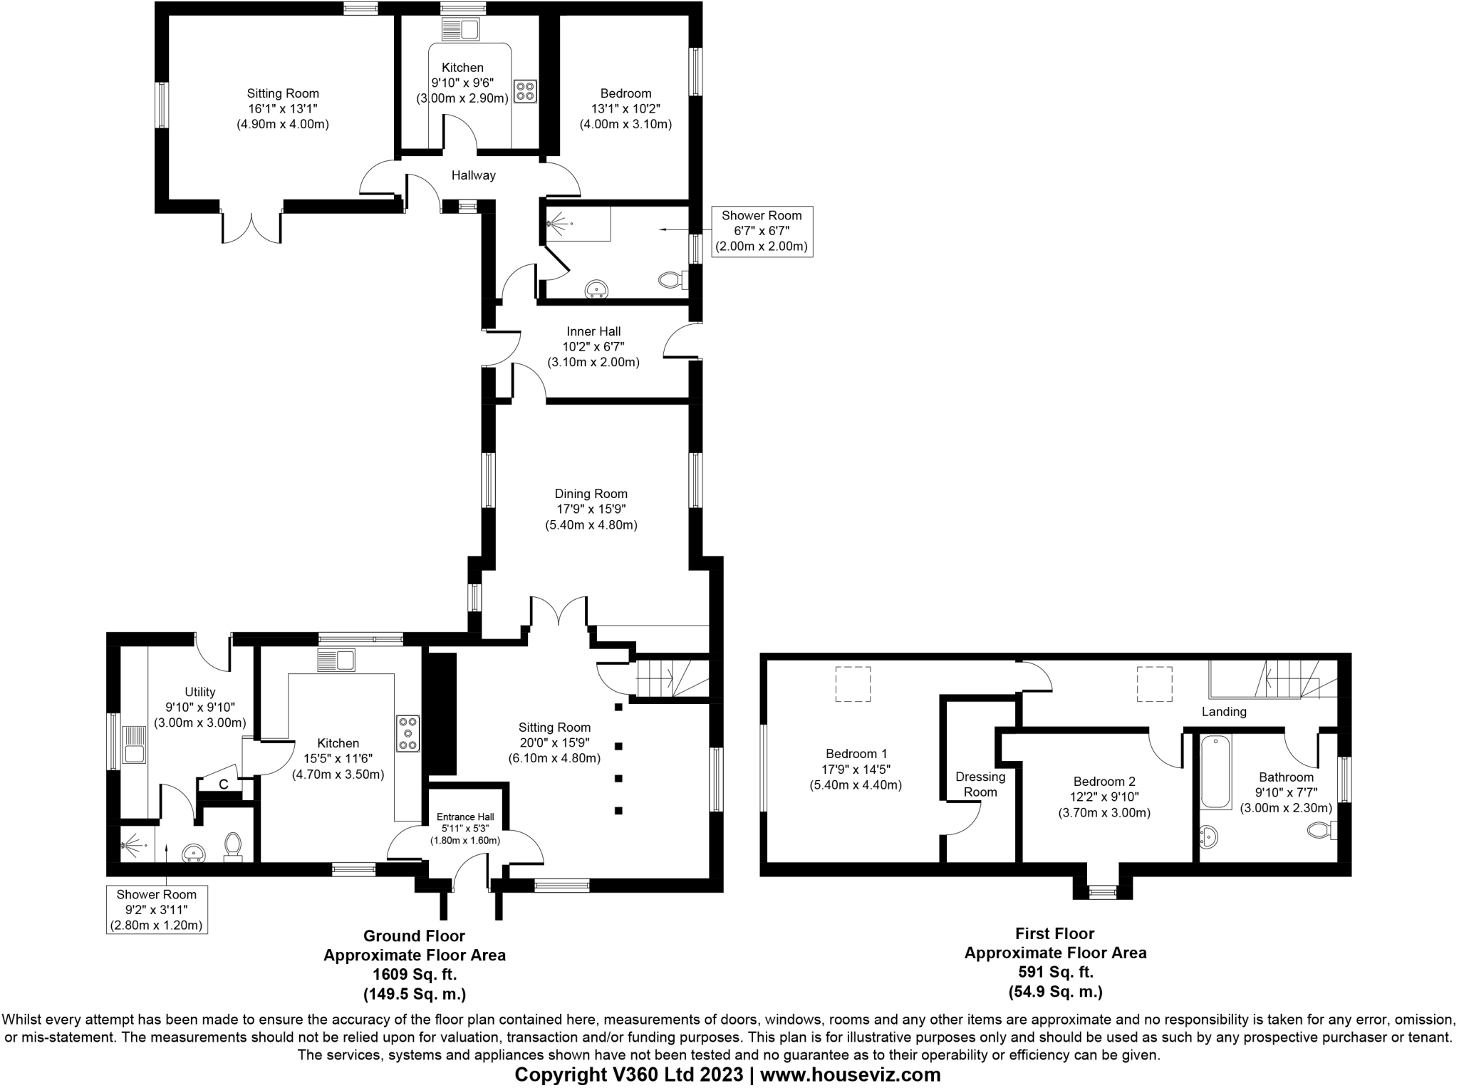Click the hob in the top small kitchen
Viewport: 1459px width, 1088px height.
point(526,91)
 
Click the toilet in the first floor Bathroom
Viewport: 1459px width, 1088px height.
point(1321,830)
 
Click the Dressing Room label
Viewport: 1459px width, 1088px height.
point(980,784)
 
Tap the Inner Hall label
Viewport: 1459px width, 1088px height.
point(593,331)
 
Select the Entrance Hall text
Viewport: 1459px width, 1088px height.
point(464,817)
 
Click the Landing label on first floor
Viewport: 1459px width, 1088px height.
point(1224,711)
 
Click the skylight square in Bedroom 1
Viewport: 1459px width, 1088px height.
point(852,684)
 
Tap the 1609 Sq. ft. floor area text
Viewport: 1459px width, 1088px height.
point(414,974)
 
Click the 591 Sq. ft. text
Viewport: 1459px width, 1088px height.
point(1055,972)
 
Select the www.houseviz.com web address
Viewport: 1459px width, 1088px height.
point(850,1074)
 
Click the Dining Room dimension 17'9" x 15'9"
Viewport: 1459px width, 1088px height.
point(591,509)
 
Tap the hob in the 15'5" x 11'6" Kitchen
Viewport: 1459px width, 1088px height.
point(408,732)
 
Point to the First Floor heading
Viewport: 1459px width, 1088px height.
point(1055,933)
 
